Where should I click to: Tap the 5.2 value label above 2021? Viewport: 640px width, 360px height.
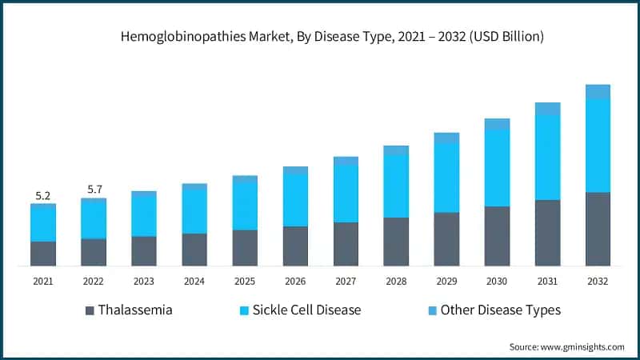[x=43, y=195]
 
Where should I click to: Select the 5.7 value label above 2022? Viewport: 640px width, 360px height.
[x=94, y=190]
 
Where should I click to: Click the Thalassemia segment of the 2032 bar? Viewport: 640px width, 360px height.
[x=598, y=229]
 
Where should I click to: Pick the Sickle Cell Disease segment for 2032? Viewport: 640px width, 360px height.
[x=598, y=146]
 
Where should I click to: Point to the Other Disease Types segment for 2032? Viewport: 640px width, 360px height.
[x=598, y=91]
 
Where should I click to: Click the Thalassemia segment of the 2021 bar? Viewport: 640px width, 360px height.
[x=43, y=254]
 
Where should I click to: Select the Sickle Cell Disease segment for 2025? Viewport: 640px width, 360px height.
[x=245, y=206]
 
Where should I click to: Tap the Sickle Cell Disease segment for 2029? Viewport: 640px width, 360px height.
[x=446, y=178]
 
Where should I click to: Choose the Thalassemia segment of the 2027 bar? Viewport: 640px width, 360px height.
[x=346, y=244]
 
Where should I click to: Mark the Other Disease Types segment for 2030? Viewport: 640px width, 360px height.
[x=497, y=124]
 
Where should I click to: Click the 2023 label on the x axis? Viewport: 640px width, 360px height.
[x=144, y=282]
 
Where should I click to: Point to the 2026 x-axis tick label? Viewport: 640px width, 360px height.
[x=295, y=282]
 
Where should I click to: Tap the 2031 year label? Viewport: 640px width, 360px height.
[x=547, y=282]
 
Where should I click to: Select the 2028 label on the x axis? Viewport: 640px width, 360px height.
[x=396, y=282]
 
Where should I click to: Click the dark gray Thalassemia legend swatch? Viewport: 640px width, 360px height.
[x=89, y=310]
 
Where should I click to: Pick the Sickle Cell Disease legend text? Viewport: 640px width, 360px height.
[x=306, y=310]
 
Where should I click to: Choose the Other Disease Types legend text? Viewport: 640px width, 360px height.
[x=500, y=310]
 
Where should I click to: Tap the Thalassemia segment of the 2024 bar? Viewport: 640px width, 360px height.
[x=194, y=250]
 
